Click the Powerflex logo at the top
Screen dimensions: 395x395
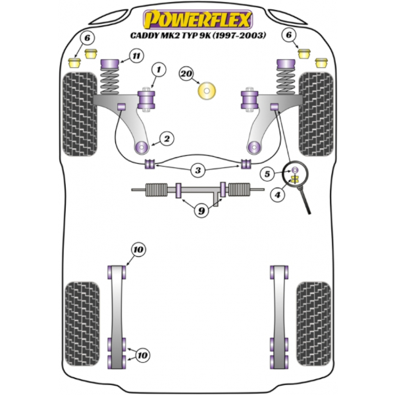tap(198, 19)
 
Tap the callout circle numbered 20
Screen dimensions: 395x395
tap(186, 74)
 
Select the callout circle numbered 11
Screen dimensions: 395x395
tap(136, 56)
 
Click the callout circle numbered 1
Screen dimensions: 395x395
tap(159, 70)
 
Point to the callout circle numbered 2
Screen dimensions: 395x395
tap(167, 138)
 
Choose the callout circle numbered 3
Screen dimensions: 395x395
tap(198, 171)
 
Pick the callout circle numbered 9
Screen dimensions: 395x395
tap(201, 211)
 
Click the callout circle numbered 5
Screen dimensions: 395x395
tap(267, 174)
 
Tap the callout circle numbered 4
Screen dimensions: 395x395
tap(278, 194)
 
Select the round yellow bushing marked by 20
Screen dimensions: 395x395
tap(207, 91)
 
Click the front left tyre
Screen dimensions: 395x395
tap(80, 114)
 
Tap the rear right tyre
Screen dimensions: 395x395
tap(314, 324)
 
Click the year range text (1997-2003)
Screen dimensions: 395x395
tap(240, 36)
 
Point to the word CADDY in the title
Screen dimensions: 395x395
tap(144, 36)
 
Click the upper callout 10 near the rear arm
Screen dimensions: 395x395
tap(138, 250)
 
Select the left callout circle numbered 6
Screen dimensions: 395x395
tap(87, 38)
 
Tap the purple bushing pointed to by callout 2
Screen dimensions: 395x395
tap(141, 147)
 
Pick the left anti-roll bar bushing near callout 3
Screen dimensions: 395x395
tap(150, 164)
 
